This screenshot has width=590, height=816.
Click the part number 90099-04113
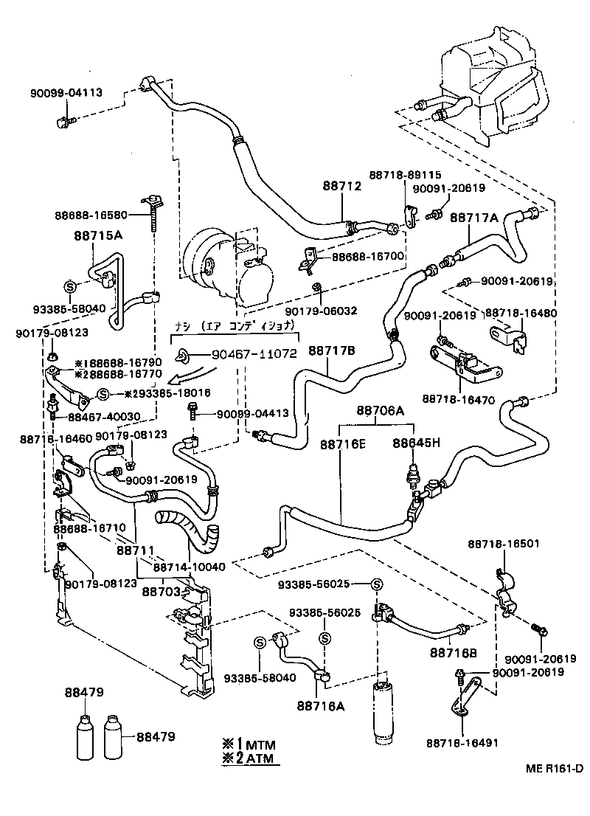tap(66, 92)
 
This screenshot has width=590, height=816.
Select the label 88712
tap(341, 187)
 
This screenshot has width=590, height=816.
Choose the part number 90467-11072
tap(255, 354)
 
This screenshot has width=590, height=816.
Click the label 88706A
tap(381, 410)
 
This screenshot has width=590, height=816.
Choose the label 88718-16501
tap(503, 544)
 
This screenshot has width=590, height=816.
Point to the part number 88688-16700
tap(368, 257)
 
